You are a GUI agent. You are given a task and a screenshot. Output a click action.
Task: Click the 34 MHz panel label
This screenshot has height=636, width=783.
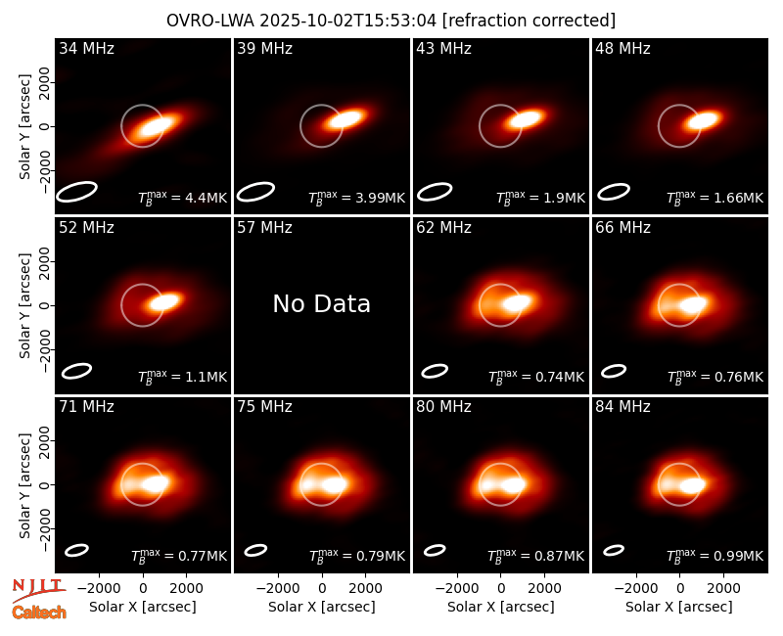(x=86, y=48)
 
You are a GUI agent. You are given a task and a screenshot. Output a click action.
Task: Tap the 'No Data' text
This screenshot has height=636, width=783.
(x=322, y=303)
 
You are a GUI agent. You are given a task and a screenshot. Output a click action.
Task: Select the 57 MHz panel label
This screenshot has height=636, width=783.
(x=264, y=228)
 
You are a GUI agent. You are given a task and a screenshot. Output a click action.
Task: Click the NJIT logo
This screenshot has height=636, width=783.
(x=39, y=590)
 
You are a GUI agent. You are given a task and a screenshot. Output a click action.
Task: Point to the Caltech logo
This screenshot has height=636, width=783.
(x=39, y=613)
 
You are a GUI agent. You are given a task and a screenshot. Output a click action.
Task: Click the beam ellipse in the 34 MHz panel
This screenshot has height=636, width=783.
(x=76, y=192)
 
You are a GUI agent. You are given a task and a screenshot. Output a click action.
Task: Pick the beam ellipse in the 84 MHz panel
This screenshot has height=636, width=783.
(x=614, y=550)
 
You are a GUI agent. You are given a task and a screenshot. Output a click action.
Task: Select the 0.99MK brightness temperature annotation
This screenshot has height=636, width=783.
(x=739, y=556)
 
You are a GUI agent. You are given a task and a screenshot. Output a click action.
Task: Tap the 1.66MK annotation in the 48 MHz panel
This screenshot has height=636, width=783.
(x=739, y=198)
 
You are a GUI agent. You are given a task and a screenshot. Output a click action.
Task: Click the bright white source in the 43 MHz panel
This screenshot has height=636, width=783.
(x=526, y=119)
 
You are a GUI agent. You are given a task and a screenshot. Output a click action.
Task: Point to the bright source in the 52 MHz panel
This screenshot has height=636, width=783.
(x=164, y=301)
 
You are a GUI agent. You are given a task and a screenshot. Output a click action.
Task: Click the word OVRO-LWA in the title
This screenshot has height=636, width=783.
(x=210, y=21)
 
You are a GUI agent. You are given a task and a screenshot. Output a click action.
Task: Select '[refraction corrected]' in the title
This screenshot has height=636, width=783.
(x=529, y=21)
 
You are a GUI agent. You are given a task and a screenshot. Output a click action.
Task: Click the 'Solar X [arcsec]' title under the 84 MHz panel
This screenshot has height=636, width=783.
(x=679, y=607)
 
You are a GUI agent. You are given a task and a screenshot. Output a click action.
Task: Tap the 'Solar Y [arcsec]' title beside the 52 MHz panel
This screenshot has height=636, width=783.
(x=24, y=305)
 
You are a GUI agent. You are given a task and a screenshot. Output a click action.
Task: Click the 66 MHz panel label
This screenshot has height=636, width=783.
(x=622, y=228)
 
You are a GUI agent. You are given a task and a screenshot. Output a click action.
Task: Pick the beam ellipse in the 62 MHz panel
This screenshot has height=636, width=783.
(x=435, y=371)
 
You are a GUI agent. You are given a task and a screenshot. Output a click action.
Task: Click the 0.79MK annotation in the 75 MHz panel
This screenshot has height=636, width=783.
(x=380, y=556)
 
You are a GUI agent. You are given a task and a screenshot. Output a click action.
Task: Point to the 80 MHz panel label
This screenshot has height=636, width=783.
(x=444, y=407)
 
